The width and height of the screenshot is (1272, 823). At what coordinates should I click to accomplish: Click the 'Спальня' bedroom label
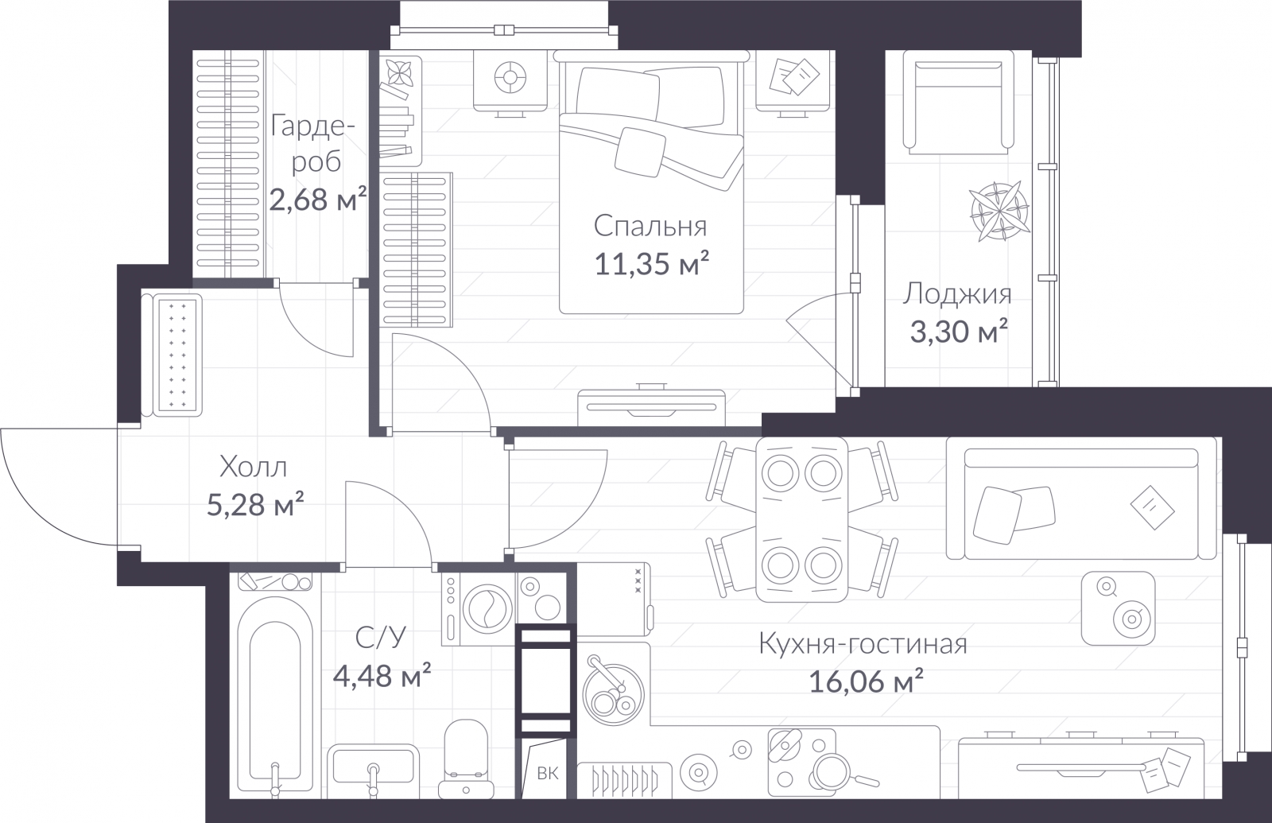650,227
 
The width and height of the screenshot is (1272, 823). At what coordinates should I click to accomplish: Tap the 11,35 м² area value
651,263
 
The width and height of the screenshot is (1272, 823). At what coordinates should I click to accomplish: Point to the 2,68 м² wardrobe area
317,199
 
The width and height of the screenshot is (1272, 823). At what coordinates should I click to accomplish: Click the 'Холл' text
254,468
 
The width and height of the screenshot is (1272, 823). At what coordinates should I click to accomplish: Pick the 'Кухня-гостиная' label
863,644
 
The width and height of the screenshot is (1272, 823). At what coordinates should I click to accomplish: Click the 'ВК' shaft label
548,773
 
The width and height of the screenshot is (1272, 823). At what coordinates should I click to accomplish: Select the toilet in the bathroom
465,759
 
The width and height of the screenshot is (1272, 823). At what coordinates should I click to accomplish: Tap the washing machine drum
488,609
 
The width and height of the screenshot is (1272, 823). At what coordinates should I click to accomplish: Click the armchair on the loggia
958,103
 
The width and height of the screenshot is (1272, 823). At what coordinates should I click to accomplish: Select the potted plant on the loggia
999,212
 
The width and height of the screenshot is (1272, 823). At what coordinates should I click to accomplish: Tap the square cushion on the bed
640,152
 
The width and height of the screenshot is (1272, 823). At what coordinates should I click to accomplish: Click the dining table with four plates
802,519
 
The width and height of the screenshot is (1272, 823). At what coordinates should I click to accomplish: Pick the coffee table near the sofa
1118,608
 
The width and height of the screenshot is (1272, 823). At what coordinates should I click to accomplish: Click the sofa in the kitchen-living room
1082,498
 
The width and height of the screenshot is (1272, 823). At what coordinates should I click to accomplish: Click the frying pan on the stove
839,771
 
